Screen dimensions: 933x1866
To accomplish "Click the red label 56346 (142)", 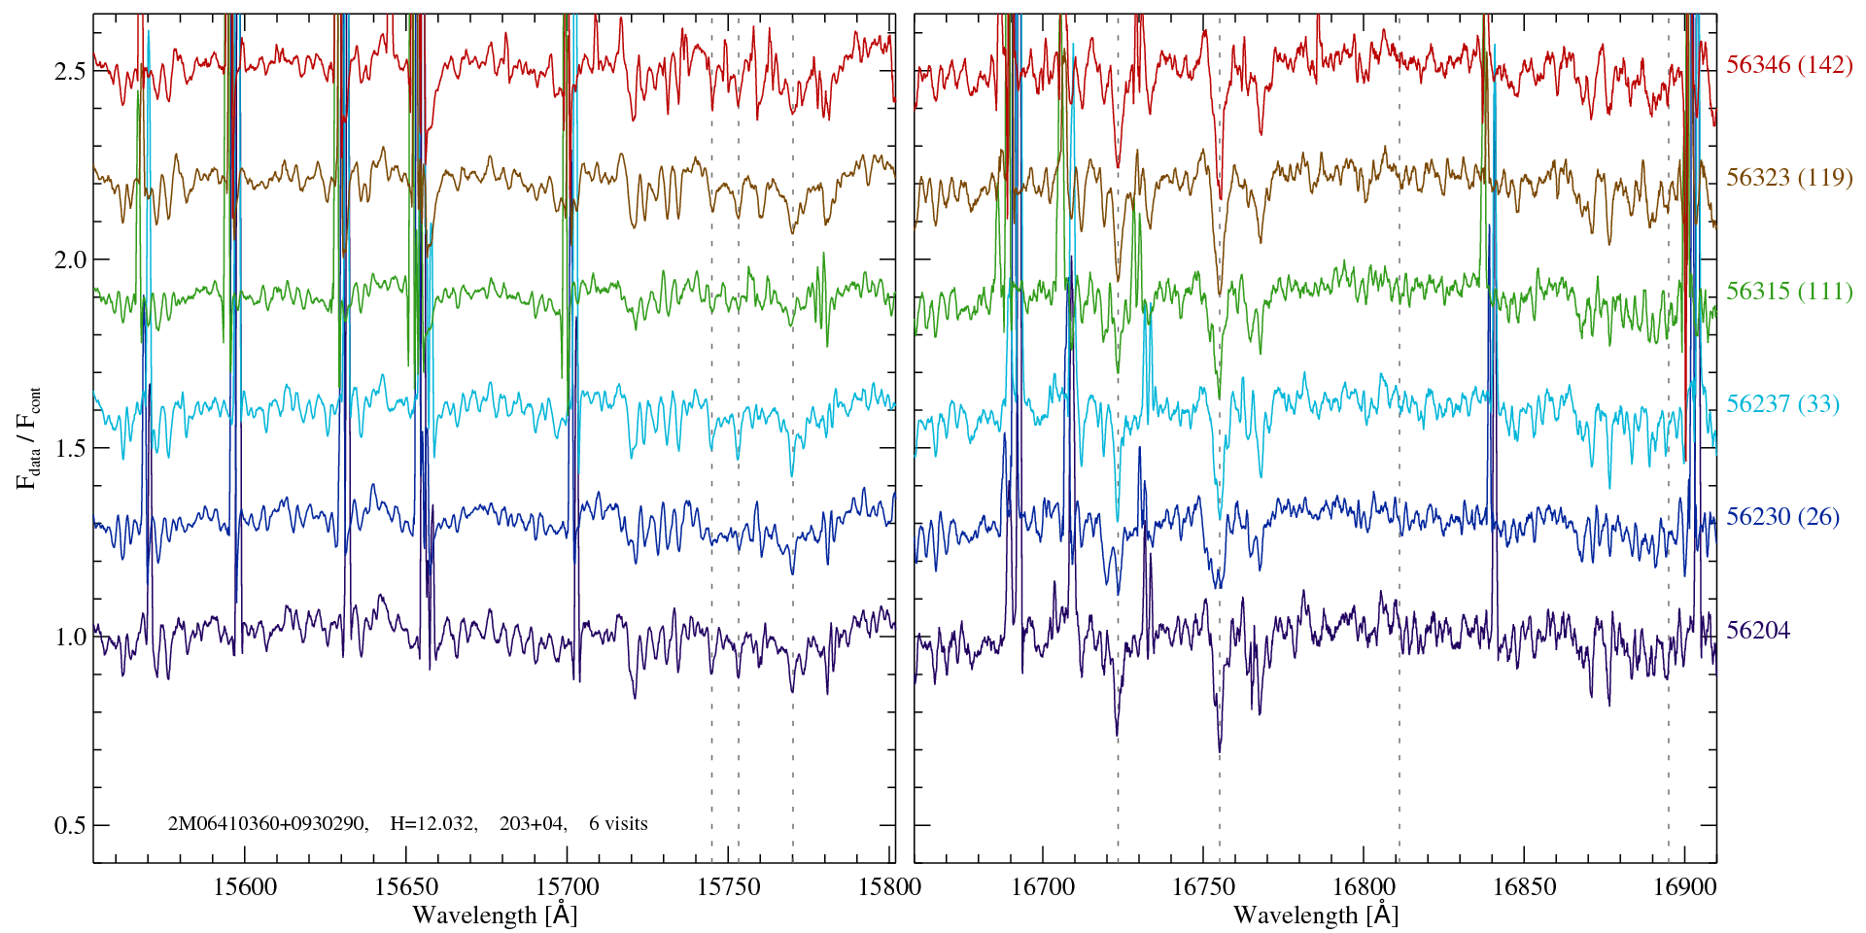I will [1789, 65].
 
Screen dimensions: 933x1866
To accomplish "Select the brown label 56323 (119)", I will [1789, 178].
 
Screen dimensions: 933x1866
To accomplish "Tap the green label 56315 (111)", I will [1789, 292].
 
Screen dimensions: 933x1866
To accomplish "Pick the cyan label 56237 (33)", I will [1782, 404].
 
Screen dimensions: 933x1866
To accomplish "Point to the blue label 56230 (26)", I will [1782, 517].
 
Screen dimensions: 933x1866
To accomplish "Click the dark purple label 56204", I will [1757, 631].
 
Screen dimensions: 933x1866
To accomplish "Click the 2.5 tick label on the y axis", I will [69, 71].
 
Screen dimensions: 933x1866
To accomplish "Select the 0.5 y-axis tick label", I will [69, 825].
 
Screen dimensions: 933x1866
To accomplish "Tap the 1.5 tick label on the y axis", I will [69, 448].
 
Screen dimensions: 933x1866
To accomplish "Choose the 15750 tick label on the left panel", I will [730, 887].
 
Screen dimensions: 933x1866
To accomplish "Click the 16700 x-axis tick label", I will [1043, 887].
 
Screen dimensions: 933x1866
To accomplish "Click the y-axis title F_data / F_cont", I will [29, 437].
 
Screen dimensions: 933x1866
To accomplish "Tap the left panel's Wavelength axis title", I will [495, 916].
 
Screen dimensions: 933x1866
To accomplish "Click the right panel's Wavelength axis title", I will [1316, 916].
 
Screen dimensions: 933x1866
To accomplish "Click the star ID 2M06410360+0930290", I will [267, 824].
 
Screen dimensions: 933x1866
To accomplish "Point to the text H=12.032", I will [432, 824].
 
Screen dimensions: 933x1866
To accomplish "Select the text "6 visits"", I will [618, 824].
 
